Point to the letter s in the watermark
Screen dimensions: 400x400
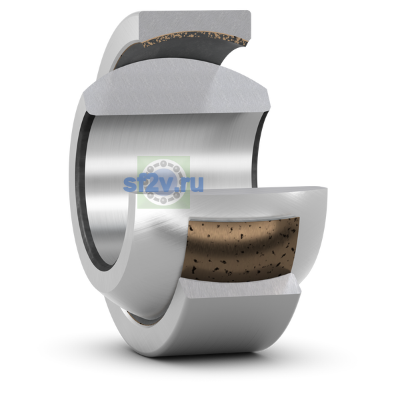(x=129, y=185)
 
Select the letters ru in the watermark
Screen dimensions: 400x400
(x=193, y=185)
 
